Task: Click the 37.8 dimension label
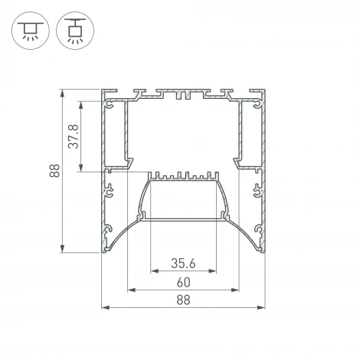pos(74,136)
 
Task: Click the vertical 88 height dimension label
pos(54,171)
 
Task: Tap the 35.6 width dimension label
pos(183,263)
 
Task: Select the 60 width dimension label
pos(184,283)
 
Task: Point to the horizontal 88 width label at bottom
pos(183,300)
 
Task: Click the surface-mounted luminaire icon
pos(31,31)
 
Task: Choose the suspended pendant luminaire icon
pos(75,31)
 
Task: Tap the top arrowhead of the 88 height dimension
pos(62,93)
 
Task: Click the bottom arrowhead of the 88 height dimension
pos(62,248)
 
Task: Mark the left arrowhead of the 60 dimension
pos(132,290)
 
